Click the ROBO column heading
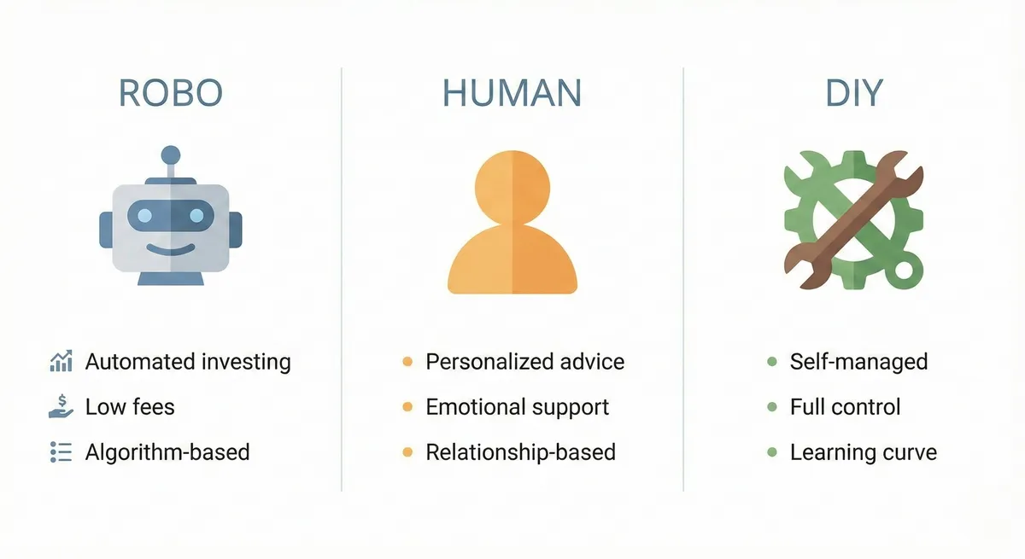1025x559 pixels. point(171,93)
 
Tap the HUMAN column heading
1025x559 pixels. point(512,93)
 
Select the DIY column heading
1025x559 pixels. point(853,93)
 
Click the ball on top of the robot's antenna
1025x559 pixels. point(171,155)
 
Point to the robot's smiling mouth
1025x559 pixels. point(170,249)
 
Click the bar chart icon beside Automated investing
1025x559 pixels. point(61,362)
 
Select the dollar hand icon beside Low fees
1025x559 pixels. point(61,407)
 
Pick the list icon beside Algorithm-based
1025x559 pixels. point(61,452)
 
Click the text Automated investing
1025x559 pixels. point(188,362)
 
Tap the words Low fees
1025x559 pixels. point(130,407)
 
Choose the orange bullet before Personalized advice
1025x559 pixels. point(407,362)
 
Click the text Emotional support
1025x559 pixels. point(517,407)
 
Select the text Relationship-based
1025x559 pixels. point(520,452)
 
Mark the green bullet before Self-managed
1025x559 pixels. point(772,362)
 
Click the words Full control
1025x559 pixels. point(845,407)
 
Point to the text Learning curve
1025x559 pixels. point(863,452)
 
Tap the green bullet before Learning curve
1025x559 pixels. point(772,452)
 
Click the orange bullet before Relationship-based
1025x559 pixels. point(407,452)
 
